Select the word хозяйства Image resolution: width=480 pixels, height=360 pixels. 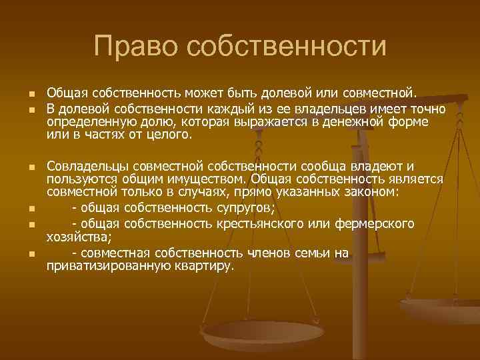point(78,235)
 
